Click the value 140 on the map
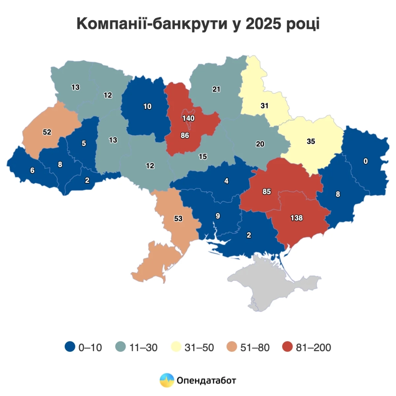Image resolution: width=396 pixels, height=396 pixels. pyautogui.click(x=188, y=118)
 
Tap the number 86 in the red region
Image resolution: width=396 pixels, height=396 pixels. pyautogui.click(x=185, y=135)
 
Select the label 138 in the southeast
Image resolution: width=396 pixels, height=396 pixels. pyautogui.click(x=297, y=218)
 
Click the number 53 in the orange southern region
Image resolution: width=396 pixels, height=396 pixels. pyautogui.click(x=178, y=219)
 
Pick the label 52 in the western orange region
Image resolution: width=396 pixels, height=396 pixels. pyautogui.click(x=47, y=132)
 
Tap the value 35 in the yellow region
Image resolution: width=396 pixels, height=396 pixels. pyautogui.click(x=311, y=141)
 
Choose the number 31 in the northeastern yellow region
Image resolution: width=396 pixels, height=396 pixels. pyautogui.click(x=264, y=106)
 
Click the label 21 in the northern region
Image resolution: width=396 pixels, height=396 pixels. pyautogui.click(x=216, y=89)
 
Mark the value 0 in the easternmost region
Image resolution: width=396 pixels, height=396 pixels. pyautogui.click(x=365, y=161)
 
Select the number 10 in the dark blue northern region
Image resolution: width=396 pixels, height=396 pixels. pyautogui.click(x=147, y=106)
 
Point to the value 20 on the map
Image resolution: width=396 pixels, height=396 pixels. pyautogui.click(x=260, y=144)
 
